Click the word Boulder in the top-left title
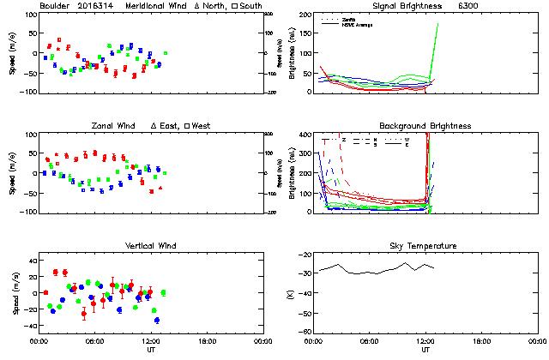pos(57,7)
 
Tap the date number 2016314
pos(100,7)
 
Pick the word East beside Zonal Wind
pos(169,126)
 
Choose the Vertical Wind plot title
pos(148,246)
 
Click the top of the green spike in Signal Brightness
pos(437,24)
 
